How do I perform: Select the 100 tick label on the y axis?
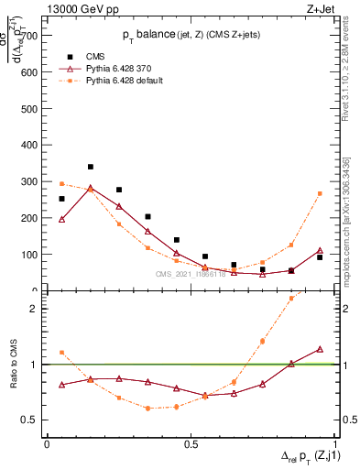(x=28, y=255)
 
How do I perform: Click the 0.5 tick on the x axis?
(x=191, y=444)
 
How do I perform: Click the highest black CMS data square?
(x=90, y=167)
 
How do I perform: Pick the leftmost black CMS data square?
(x=61, y=199)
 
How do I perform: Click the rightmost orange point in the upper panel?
(x=320, y=193)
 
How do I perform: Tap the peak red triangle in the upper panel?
(x=90, y=189)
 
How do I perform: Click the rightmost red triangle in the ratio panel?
(x=320, y=349)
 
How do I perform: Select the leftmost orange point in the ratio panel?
(x=61, y=353)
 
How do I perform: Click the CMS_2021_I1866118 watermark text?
(x=191, y=274)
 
